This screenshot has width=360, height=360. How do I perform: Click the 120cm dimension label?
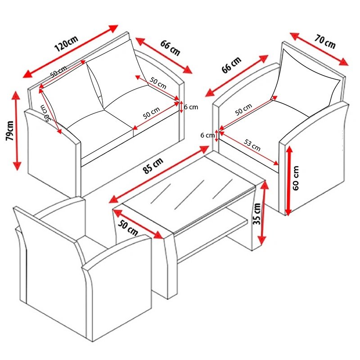coord(66,44)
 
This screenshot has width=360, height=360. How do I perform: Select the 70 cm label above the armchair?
coord(325,41)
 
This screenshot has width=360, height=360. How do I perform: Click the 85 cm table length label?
coord(153,166)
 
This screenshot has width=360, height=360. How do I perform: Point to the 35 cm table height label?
coord(257,214)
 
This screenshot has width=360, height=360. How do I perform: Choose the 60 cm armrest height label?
coord(296,178)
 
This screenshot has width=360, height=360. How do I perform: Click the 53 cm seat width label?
coord(252,145)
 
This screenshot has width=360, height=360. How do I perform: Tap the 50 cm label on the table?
coord(128,228)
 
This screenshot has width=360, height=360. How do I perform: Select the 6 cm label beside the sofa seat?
coord(191,107)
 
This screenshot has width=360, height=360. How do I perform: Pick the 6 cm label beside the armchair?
coord(207,135)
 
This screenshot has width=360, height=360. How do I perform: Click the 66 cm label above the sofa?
coord(170,48)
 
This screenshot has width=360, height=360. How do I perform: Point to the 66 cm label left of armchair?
coord(231,65)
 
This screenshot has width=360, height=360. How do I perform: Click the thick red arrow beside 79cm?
coord(16,130)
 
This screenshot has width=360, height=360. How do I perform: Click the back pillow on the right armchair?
coord(308,77)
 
